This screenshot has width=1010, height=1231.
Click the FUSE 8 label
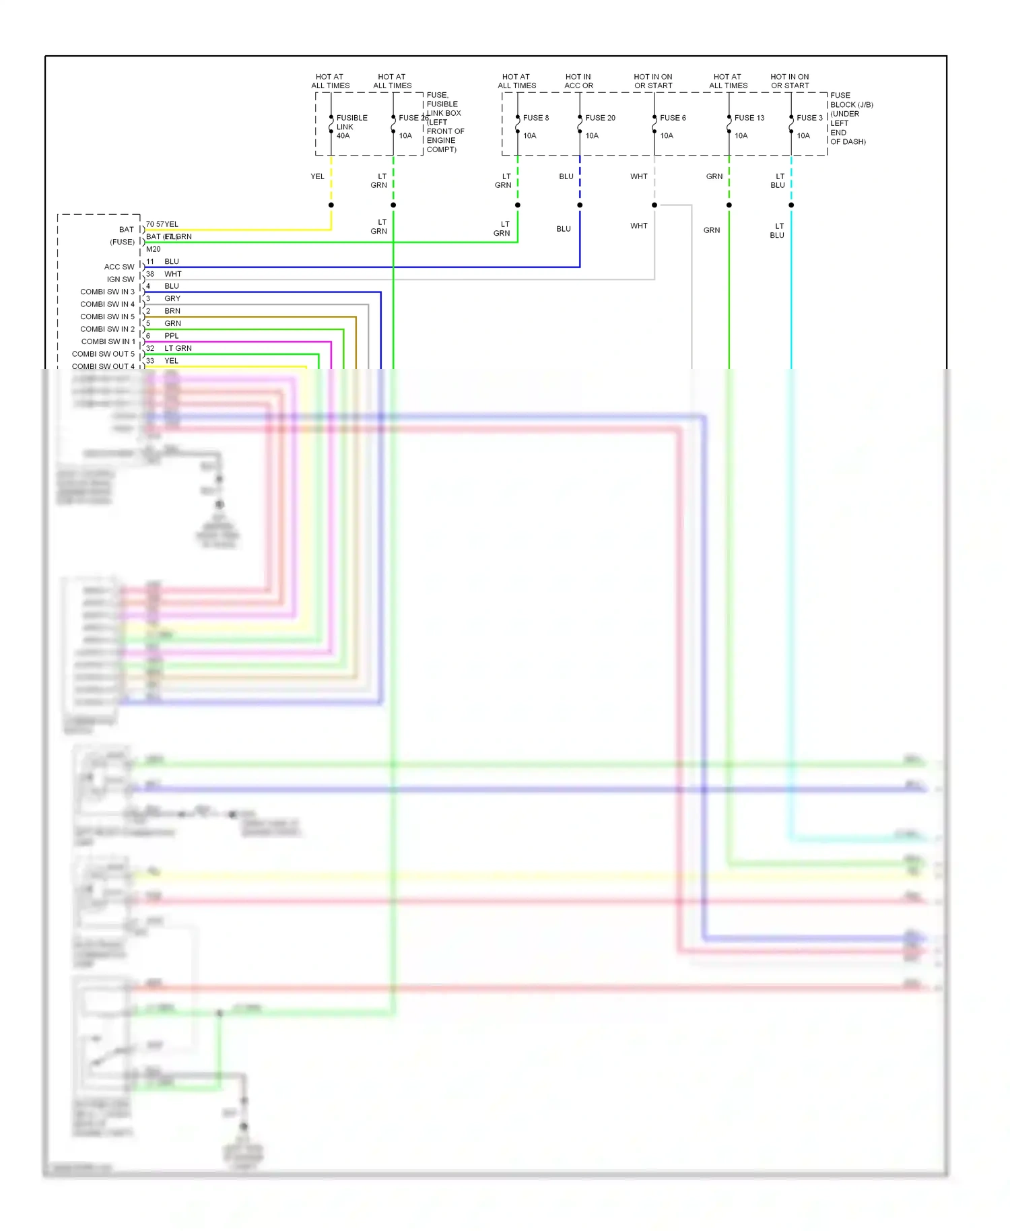535,118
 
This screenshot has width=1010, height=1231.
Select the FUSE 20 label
600,118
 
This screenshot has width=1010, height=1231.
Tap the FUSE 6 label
673,118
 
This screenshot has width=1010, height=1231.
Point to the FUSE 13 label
749,118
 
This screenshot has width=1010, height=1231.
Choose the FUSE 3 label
809,118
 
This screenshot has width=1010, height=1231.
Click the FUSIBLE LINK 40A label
351,127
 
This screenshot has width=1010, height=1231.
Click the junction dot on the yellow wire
331,205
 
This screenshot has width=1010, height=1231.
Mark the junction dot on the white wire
654,205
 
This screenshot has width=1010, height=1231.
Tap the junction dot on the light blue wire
790,205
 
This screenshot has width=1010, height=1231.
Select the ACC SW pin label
119,267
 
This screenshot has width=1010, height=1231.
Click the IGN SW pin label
121,279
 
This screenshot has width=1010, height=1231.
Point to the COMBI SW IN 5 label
107,317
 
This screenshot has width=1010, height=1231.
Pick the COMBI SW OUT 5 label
103,354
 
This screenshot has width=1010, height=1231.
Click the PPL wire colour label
172,336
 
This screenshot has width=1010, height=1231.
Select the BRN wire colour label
172,311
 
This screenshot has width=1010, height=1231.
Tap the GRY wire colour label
172,299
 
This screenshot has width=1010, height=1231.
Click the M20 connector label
154,249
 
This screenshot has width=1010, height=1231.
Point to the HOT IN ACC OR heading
578,81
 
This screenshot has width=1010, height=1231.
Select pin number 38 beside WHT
150,274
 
